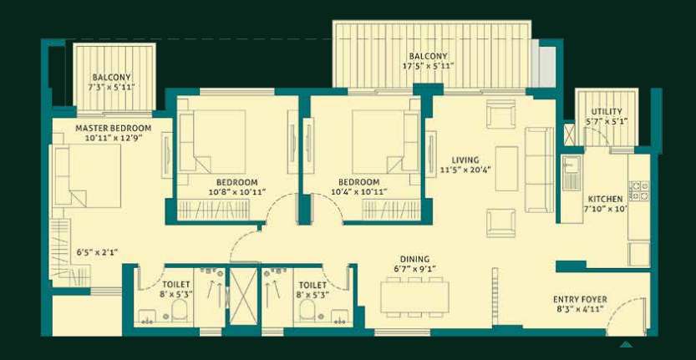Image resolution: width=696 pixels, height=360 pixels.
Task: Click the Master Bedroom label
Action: [x=113, y=129]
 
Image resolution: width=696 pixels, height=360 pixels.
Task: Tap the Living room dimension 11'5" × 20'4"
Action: [x=465, y=169]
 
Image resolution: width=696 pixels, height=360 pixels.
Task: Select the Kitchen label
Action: [x=605, y=200]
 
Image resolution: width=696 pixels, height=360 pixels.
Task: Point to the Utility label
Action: [x=607, y=111]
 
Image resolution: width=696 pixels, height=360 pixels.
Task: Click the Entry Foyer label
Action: [x=580, y=300]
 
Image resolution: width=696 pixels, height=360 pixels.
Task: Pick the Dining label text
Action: [x=414, y=259]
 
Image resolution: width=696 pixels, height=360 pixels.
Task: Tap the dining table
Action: [x=414, y=297]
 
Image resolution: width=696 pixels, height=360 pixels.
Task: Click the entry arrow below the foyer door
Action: [x=626, y=344]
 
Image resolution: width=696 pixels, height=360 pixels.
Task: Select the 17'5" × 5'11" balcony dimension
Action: [x=428, y=66]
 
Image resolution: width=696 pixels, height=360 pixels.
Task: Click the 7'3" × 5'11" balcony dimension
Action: [x=113, y=86]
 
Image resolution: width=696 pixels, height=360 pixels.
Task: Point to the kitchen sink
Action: [x=572, y=173]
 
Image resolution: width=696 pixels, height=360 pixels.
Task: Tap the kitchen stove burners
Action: [x=638, y=190]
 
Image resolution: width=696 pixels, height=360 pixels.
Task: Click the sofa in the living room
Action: [x=539, y=170]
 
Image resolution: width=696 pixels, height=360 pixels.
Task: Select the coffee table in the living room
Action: [x=506, y=169]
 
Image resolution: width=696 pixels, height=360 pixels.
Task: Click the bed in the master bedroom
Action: [x=88, y=175]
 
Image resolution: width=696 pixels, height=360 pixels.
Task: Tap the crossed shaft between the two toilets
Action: [x=243, y=296]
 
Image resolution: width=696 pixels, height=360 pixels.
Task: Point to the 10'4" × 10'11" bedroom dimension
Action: [x=359, y=192]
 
